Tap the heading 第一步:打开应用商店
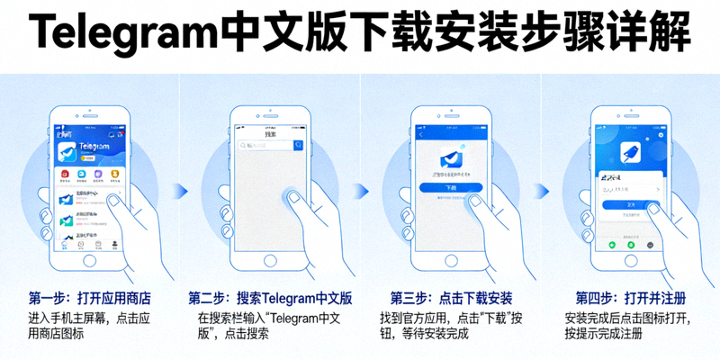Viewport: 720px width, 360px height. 89,298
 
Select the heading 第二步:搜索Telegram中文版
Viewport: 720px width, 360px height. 270,298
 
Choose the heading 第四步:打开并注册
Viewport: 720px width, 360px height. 629,298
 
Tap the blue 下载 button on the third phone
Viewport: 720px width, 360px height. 451,188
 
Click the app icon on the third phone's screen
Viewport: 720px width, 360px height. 451,157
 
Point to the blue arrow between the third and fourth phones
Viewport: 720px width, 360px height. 542,190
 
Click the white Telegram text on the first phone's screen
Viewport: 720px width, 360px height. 94,147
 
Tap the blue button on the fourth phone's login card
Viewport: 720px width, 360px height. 630,204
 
